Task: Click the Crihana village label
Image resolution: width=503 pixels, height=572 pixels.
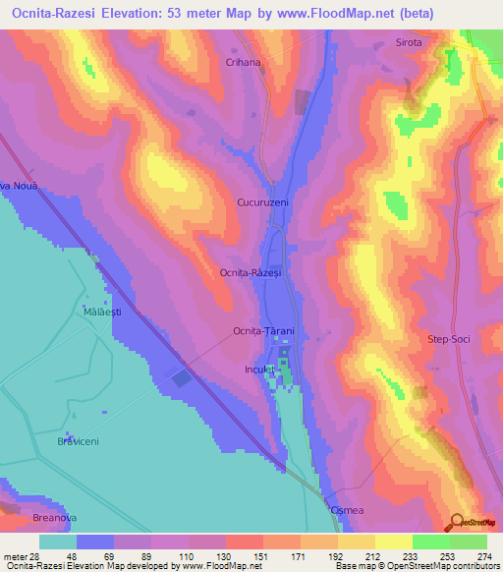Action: (x=243, y=62)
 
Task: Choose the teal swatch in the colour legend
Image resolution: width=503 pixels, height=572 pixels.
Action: (x=58, y=542)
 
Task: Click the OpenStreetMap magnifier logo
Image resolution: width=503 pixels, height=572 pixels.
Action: (x=457, y=523)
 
